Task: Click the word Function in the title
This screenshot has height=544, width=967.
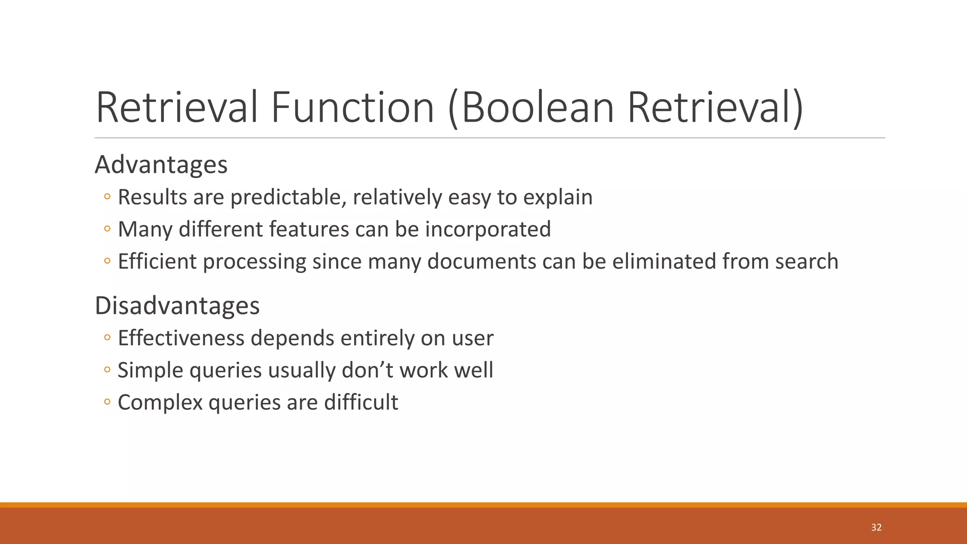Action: (352, 108)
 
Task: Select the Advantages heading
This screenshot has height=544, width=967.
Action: (161, 165)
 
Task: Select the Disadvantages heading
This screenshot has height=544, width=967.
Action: (177, 306)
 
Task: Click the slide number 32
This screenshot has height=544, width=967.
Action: (876, 527)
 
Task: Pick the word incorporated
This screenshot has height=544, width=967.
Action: (488, 229)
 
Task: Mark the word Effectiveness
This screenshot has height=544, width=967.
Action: (181, 338)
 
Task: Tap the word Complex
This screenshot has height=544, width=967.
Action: (160, 403)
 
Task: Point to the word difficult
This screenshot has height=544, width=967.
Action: (361, 402)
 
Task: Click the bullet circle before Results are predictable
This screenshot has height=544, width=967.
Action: (107, 197)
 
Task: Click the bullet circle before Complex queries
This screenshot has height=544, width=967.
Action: (107, 402)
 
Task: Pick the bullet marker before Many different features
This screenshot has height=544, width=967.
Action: (107, 229)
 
